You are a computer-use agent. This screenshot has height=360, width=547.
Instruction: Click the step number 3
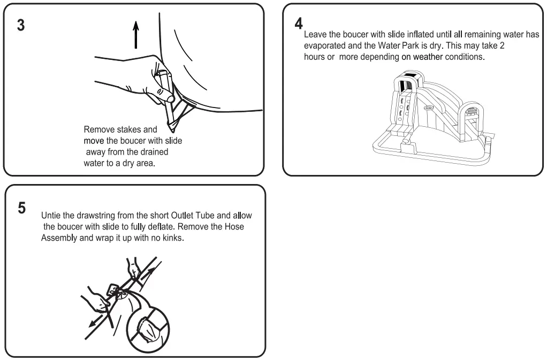pyautogui.click(x=21, y=26)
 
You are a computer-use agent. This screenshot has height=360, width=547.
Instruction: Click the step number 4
pyautogui.click(x=299, y=24)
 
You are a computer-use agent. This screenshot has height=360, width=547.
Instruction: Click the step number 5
pyautogui.click(x=21, y=208)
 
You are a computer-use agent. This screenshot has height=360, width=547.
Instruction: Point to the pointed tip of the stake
pyautogui.click(x=173, y=130)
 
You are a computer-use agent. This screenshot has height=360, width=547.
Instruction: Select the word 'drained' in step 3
pyautogui.click(x=154, y=152)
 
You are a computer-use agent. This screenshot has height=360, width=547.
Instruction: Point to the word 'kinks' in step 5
pyautogui.click(x=171, y=238)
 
